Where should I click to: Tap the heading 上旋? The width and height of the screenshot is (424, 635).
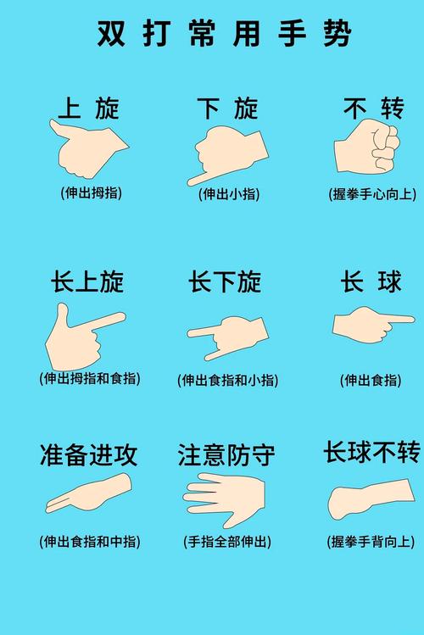pyautogui.click(x=89, y=108)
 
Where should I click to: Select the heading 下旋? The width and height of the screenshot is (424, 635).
pyautogui.click(x=227, y=108)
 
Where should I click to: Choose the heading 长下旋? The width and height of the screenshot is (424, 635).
pyautogui.click(x=225, y=282)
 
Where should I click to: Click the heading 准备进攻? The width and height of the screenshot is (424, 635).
pyautogui.click(x=88, y=455)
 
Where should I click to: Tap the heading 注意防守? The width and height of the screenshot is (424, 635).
pyautogui.click(x=226, y=455)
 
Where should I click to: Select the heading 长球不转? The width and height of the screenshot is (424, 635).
pyautogui.click(x=371, y=452)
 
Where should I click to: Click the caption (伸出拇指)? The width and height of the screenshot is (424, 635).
pyautogui.click(x=91, y=192)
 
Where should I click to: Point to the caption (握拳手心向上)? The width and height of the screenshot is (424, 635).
pyautogui.click(x=372, y=194)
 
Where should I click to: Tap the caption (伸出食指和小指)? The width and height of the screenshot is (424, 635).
pyautogui.click(x=227, y=381)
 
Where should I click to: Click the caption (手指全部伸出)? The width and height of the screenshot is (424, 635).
pyautogui.click(x=226, y=541)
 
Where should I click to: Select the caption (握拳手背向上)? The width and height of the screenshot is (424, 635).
pyautogui.click(x=371, y=541)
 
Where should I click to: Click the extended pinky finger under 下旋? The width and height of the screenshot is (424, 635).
pyautogui.click(x=197, y=179)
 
